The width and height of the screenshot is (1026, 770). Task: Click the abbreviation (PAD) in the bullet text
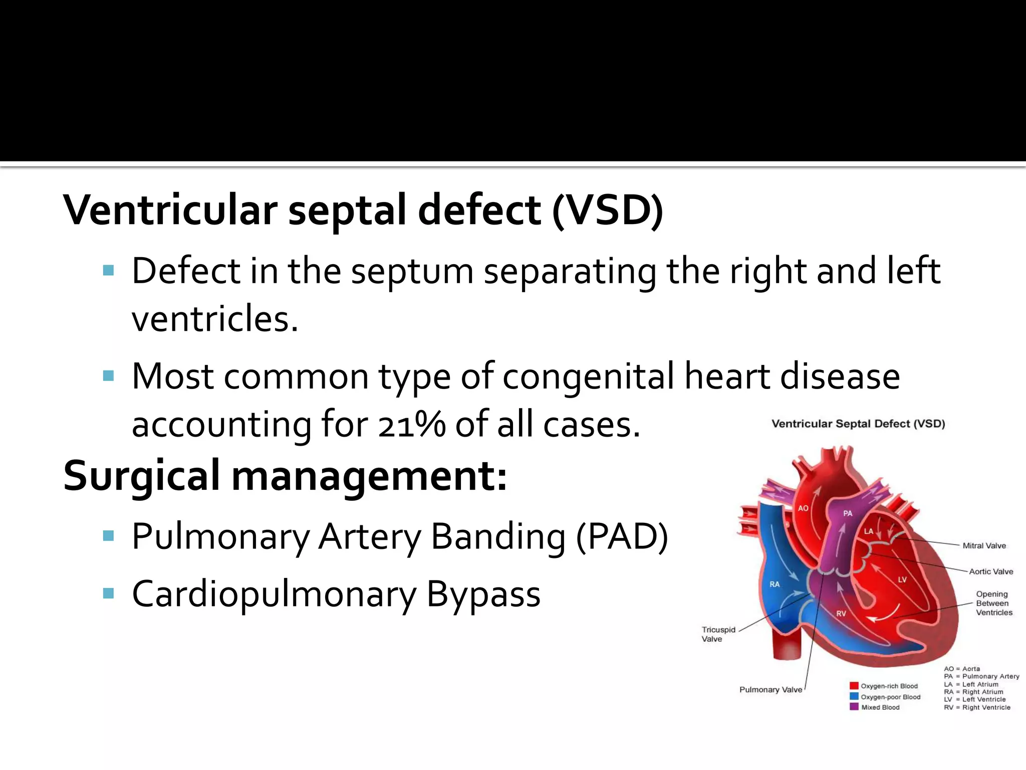coord(622,537)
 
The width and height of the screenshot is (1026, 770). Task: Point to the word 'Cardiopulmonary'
coord(274,595)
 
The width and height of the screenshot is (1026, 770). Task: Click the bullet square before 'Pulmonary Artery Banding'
coord(108,536)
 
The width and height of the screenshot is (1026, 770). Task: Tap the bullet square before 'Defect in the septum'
coord(108,271)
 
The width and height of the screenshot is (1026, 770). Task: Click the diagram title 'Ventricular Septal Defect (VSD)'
coord(858,424)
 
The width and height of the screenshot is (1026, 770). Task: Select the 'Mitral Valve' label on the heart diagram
coord(984,546)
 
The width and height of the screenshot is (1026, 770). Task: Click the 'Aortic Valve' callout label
coord(990,571)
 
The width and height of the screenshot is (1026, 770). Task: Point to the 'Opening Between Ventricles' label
coord(994,603)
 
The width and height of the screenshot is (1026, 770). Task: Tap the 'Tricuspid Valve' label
coord(718,634)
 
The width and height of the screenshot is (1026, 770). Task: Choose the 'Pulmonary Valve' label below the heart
coord(771,690)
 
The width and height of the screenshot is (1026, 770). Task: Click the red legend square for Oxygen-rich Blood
coord(854,686)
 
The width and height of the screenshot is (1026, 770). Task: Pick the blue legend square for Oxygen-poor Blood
coord(854,696)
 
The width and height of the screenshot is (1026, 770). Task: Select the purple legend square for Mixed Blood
coord(854,707)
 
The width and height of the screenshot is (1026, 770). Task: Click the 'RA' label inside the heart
coord(775,584)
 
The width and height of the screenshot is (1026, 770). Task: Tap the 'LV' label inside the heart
coord(902,580)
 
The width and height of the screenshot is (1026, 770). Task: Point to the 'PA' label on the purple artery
coord(848,513)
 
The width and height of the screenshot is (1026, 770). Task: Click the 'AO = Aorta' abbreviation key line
coord(962,669)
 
